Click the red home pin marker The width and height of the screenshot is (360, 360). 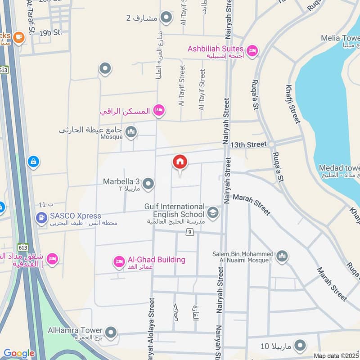tap(180, 162)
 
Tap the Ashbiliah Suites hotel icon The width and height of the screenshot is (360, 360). tap(252, 49)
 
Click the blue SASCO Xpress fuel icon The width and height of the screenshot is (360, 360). tap(41, 219)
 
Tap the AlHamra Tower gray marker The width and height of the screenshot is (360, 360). tap(111, 333)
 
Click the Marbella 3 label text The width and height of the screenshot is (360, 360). tap(121, 182)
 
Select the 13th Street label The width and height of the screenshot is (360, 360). tap(248, 145)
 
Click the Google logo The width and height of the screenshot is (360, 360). tap(19, 353)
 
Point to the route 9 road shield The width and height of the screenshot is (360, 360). tap(190, 232)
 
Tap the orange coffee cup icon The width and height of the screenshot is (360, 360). tap(18, 37)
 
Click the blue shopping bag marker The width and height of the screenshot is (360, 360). tap(33, 161)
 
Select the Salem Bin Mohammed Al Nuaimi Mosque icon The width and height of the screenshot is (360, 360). tap(282, 256)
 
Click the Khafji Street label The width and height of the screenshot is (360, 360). tap(292, 103)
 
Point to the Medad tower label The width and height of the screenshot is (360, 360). tap(338, 168)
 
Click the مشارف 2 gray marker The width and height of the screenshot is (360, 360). tap(166, 18)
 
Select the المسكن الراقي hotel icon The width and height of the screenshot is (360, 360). tap(158, 110)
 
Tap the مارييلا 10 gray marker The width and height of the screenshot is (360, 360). tap(299, 346)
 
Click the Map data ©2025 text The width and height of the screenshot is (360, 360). tap(336, 355)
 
